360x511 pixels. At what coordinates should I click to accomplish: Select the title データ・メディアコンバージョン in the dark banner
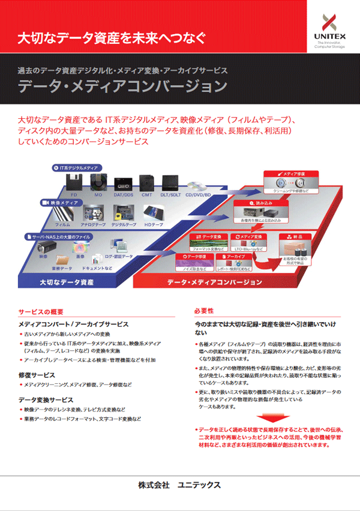click(x=122, y=86)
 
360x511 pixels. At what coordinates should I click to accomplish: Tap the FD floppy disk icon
click(x=74, y=183)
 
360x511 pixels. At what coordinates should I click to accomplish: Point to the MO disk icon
click(x=98, y=183)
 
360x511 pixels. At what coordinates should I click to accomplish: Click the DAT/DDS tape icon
click(x=123, y=183)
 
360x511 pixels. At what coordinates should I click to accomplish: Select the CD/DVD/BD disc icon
click(x=197, y=186)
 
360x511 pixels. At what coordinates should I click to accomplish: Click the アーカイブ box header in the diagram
click(x=236, y=256)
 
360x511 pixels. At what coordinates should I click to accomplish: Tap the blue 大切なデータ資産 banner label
click(x=67, y=281)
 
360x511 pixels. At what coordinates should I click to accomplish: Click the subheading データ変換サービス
click(x=46, y=399)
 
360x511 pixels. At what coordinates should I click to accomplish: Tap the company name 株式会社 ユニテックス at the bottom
click(x=179, y=484)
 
